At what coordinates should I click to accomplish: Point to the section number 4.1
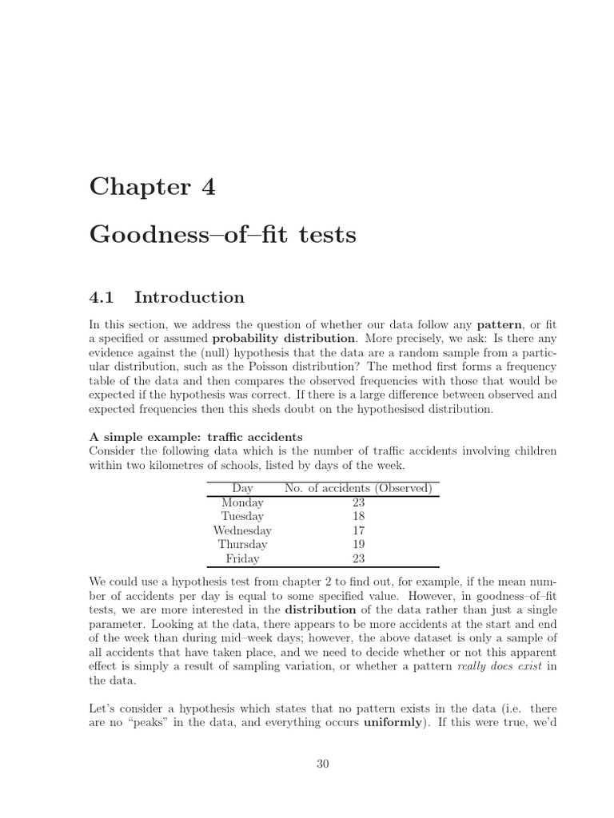(x=102, y=297)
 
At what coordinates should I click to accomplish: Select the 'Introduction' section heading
(x=189, y=297)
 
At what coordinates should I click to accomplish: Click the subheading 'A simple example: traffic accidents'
(x=196, y=437)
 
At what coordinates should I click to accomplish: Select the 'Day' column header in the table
(x=242, y=487)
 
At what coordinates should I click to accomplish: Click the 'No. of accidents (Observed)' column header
(x=358, y=487)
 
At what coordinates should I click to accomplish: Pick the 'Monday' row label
(x=242, y=502)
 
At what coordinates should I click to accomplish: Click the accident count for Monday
(x=358, y=502)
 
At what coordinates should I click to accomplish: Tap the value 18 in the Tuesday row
(x=358, y=516)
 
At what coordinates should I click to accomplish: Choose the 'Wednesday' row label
(x=242, y=530)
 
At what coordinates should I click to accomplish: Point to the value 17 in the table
(x=358, y=530)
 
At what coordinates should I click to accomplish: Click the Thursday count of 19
(x=358, y=545)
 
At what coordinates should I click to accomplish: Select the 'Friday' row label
(x=242, y=559)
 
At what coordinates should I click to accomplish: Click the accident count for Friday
(x=358, y=559)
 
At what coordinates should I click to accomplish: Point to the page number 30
(x=323, y=764)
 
